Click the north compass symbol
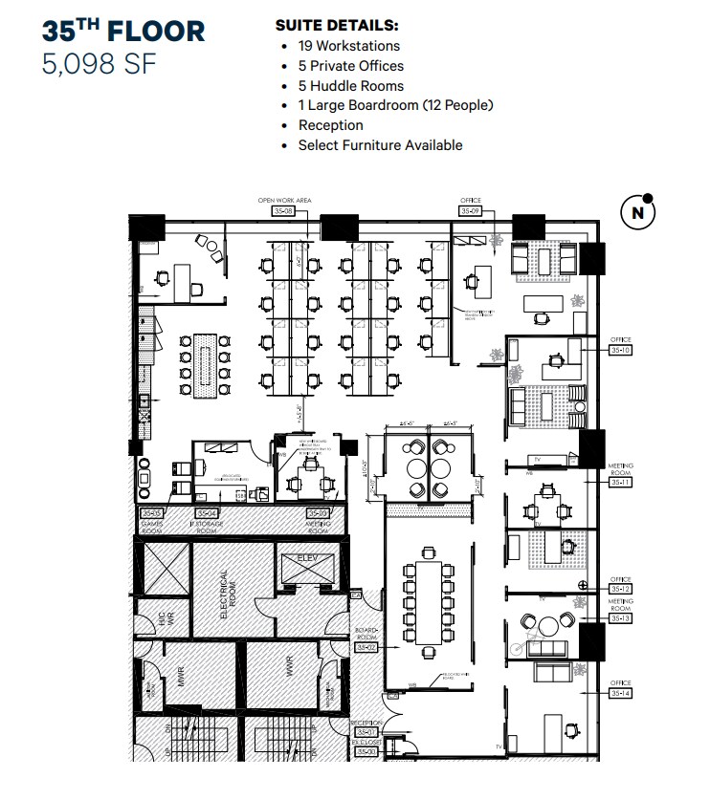[x=638, y=212]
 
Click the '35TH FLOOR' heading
[x=122, y=31]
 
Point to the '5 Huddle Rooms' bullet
[x=350, y=86]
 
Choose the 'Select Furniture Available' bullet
[x=380, y=145]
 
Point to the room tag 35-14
[x=621, y=693]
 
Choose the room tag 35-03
[x=318, y=513]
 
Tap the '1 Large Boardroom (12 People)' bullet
[x=395, y=105]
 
